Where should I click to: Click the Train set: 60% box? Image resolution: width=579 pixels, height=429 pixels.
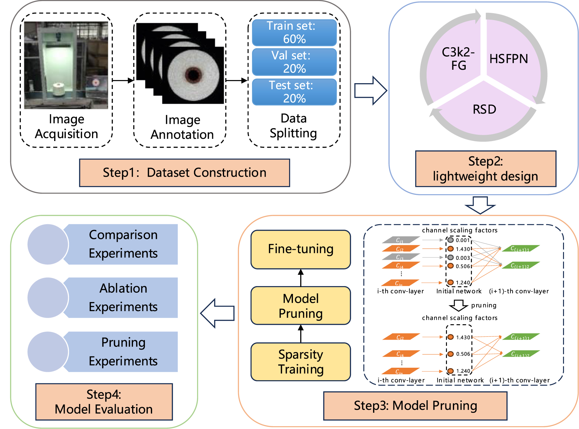294,33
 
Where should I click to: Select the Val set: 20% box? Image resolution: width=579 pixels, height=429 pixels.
294,62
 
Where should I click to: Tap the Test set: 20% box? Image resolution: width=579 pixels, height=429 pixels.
294,92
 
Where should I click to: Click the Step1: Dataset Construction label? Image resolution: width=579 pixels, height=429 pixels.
184,173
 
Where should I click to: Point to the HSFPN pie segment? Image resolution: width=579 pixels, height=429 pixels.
510,59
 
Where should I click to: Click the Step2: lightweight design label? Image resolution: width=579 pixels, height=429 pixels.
485,169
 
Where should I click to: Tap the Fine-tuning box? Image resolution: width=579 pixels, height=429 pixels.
300,249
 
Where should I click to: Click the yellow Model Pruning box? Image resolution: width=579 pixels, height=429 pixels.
300,305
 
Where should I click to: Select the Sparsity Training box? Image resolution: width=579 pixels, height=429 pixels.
300,362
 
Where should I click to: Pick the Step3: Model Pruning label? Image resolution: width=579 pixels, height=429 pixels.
415,406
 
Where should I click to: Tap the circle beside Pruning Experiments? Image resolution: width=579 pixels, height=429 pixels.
48,352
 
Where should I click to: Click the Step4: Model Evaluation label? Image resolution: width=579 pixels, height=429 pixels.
104,402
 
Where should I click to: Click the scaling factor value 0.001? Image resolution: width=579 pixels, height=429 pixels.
463,240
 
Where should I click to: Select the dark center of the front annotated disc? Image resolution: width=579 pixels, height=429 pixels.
193,74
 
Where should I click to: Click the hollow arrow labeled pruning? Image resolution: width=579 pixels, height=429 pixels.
459,305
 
